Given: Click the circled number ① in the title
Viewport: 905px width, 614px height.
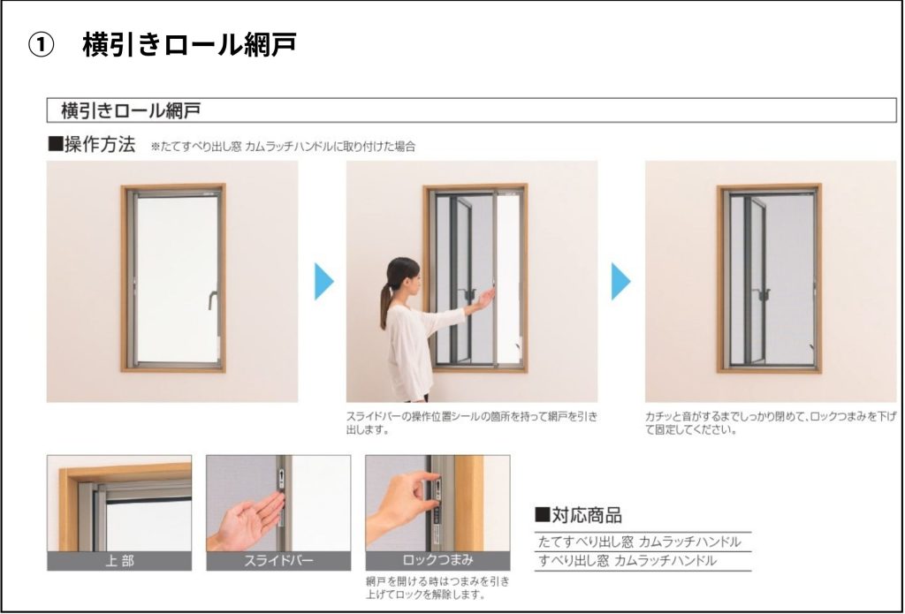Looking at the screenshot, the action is (x=41, y=45).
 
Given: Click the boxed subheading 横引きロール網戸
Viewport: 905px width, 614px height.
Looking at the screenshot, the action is (x=131, y=110).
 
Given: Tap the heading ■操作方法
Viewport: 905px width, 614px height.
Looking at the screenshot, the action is (x=91, y=144).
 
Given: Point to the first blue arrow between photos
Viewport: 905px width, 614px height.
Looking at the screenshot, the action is (x=323, y=281).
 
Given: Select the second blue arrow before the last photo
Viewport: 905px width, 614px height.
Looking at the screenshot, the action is (x=621, y=281).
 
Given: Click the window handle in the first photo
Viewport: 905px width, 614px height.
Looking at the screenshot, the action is (x=212, y=300).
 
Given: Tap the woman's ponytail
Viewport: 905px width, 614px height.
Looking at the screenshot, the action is (x=385, y=303).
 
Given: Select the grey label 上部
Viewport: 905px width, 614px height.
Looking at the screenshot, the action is (x=119, y=560).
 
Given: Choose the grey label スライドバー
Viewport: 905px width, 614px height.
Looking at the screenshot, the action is (x=278, y=560).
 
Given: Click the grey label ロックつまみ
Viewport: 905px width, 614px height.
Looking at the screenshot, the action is (x=437, y=560).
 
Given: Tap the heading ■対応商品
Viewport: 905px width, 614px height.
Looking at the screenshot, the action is (x=578, y=515).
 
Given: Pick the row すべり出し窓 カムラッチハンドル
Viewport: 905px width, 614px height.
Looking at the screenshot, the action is (x=627, y=561).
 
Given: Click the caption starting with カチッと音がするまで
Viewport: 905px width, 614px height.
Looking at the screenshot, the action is (x=771, y=423).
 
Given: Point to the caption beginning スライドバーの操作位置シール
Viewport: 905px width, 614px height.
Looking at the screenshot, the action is (x=472, y=423).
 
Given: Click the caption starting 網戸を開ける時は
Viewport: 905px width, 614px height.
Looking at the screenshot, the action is (x=437, y=587).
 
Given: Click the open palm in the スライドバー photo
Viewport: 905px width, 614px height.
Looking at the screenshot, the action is (x=248, y=519).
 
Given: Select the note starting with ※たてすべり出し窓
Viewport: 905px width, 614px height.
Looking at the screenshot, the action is (x=283, y=147).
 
